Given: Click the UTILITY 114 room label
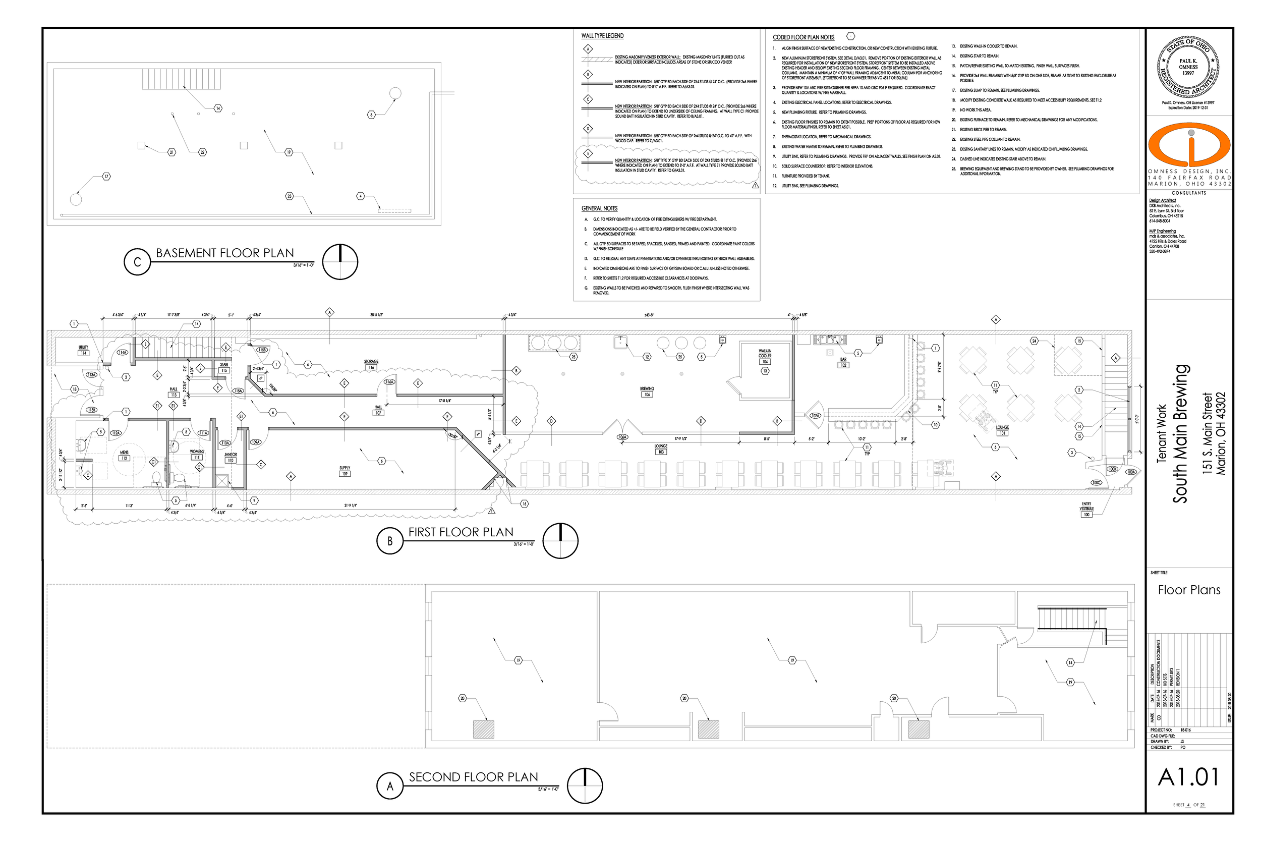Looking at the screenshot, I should [83, 350].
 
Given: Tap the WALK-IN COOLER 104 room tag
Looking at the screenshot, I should [765, 357].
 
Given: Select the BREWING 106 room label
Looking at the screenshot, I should [647, 391].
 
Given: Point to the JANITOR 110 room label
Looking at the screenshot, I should [231, 458].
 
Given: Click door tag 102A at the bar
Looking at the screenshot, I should [815, 416].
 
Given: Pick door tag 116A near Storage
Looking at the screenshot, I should [389, 382].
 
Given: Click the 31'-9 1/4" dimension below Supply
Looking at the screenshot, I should [351, 505].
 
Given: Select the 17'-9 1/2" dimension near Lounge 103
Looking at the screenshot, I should [681, 439].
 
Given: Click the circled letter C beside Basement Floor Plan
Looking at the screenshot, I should [137, 262].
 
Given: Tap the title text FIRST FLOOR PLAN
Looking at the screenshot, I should [461, 532].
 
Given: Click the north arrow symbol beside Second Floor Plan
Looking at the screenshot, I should [585, 786].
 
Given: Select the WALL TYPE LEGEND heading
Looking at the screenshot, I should [602, 36].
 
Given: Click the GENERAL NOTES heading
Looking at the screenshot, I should [599, 208].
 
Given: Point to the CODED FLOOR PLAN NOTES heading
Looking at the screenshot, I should [803, 37].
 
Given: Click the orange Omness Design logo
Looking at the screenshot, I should [1189, 145].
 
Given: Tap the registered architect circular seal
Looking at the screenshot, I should [1188, 67].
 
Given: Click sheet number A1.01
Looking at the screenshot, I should [1189, 777].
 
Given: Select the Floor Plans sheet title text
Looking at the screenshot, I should [1189, 590].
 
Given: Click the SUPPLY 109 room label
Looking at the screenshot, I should [345, 471].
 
